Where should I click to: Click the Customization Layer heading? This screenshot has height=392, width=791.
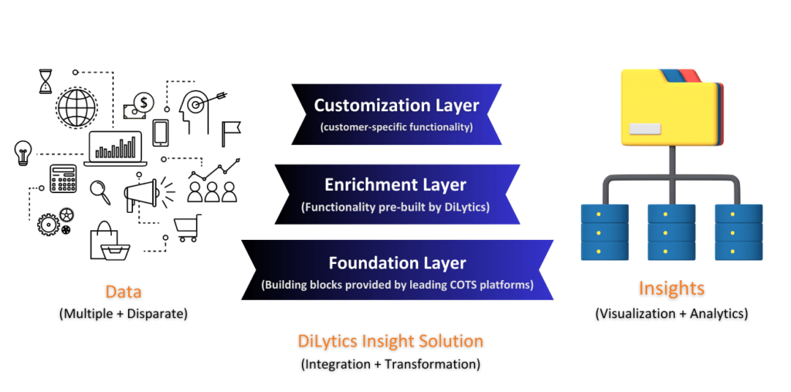(x=396, y=105)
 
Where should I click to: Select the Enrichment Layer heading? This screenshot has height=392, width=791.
(x=396, y=184)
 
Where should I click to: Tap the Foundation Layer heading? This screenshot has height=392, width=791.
(x=396, y=262)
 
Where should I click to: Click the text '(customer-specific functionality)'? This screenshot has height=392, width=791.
(x=396, y=127)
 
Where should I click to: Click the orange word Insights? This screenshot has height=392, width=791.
(x=670, y=289)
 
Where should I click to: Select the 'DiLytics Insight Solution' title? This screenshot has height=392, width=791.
(x=390, y=340)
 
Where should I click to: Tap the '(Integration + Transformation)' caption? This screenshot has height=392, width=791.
(x=390, y=363)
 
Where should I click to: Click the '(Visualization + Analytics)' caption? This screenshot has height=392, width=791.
(x=670, y=313)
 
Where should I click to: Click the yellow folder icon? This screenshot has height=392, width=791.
(x=670, y=108)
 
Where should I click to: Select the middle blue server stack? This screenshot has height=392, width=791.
(x=670, y=231)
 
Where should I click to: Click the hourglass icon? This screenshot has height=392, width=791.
(x=46, y=81)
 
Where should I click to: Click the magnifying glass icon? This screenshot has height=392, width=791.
(x=100, y=190)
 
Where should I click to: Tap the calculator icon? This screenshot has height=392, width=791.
(x=63, y=178)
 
